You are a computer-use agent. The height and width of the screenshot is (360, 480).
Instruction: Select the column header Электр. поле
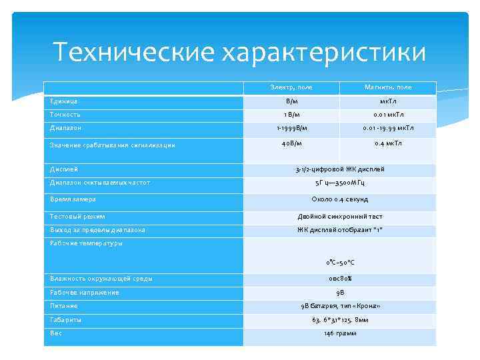[x=291, y=87]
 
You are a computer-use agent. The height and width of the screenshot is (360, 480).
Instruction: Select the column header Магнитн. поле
[x=388, y=87]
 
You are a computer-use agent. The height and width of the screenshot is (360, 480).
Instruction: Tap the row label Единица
[x=64, y=101]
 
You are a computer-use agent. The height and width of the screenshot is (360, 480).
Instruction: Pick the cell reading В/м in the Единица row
[x=291, y=101]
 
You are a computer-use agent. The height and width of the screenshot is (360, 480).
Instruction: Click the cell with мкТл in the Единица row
[x=388, y=101]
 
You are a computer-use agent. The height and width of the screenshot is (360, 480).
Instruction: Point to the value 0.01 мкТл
[x=388, y=115]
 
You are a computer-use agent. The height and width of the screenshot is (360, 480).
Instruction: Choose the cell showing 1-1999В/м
[x=291, y=128]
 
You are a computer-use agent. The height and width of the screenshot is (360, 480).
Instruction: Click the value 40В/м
[x=291, y=143]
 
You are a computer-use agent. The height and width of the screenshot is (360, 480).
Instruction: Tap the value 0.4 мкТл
[x=388, y=143]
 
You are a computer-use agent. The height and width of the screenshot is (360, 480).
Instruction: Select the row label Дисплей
[x=64, y=169]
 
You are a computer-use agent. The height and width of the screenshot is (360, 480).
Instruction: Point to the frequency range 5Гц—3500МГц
[x=340, y=183]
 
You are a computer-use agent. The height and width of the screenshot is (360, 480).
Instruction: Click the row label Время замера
[x=73, y=199]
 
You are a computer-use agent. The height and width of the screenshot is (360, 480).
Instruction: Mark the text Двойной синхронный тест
[x=340, y=217]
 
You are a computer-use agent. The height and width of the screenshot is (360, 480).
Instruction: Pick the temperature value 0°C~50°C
[x=340, y=263]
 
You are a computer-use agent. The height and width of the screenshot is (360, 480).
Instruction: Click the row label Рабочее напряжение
[x=85, y=292]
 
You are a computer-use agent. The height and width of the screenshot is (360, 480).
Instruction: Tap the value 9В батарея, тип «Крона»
[x=340, y=306]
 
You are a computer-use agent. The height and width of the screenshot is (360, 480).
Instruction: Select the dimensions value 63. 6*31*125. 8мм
[x=340, y=320]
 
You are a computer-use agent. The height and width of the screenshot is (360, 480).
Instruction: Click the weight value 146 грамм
[x=340, y=333]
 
